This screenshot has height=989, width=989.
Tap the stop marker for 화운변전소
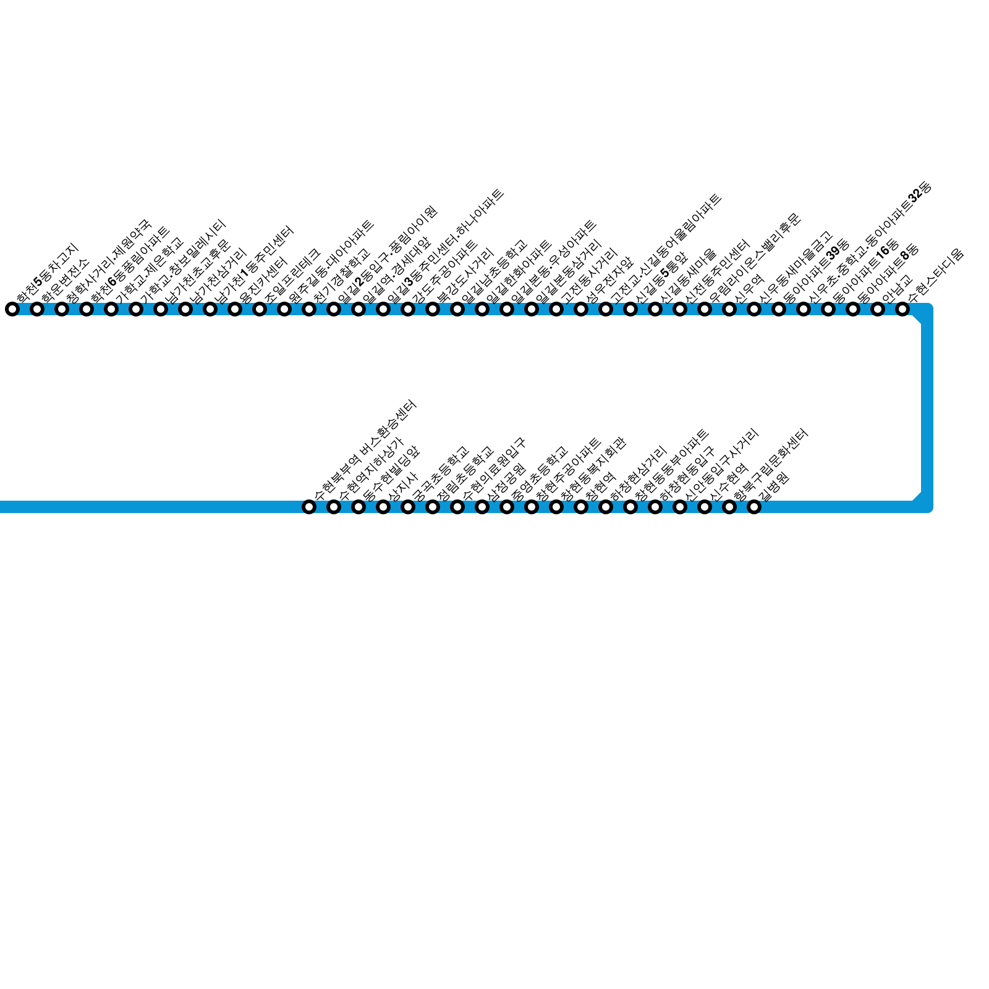(37, 309)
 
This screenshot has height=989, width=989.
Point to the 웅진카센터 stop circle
(235, 309)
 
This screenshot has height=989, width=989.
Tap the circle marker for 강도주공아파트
(408, 309)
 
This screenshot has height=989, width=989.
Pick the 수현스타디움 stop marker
(902, 309)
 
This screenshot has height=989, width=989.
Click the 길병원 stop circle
(754, 507)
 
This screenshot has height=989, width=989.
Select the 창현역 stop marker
(606, 507)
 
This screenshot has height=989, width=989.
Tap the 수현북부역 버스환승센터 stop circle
(309, 507)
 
